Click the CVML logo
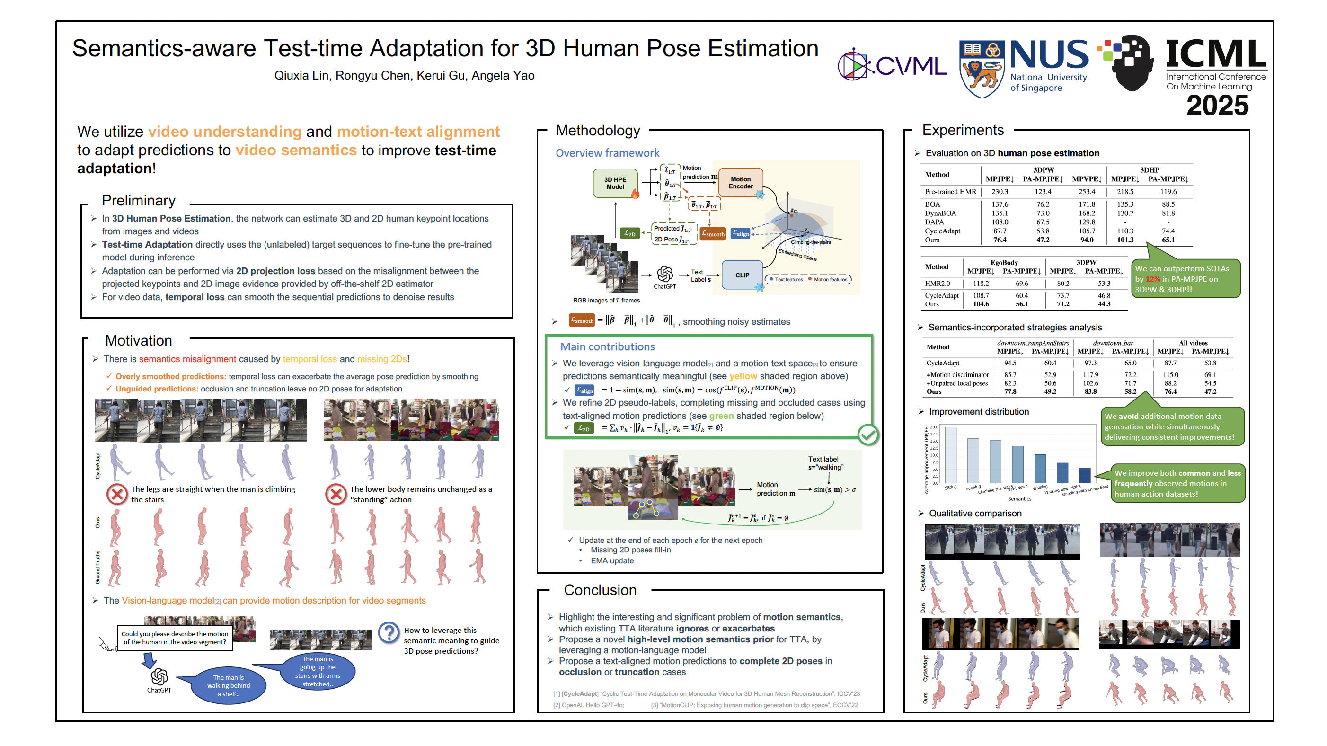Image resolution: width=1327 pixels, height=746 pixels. click(x=892, y=65)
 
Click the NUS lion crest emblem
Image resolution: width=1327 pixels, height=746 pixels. click(x=981, y=69)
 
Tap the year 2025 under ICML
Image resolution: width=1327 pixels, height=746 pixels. click(x=1217, y=106)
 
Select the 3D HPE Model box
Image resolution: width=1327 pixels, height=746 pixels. click(x=615, y=183)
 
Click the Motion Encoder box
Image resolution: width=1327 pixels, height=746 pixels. click(x=740, y=183)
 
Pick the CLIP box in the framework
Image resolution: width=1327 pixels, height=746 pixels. click(x=742, y=275)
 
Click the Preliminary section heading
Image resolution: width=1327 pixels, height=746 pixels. click(x=138, y=200)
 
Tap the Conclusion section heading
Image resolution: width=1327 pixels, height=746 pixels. click(x=600, y=590)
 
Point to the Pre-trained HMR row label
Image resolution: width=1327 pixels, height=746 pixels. click(x=950, y=192)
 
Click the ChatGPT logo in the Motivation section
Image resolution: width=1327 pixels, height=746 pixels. click(x=159, y=676)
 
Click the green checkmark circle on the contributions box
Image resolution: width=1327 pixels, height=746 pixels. click(x=868, y=435)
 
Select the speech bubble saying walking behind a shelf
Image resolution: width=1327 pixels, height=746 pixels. click(x=228, y=686)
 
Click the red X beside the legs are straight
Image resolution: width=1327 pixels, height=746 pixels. click(x=117, y=494)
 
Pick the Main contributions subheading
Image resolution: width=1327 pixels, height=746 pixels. click(x=607, y=346)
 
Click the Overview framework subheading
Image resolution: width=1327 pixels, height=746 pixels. click(x=607, y=153)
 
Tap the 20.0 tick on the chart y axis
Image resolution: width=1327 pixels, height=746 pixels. click(x=934, y=427)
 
